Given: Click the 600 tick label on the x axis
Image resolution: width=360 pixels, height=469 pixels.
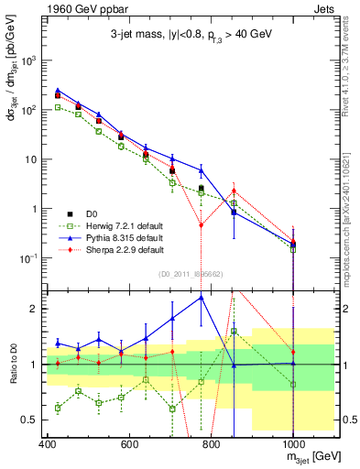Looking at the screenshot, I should pos(129,443).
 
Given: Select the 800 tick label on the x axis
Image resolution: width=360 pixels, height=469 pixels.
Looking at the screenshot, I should pos(211,443).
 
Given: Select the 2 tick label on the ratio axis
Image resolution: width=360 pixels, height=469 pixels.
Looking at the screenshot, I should pos(33,309).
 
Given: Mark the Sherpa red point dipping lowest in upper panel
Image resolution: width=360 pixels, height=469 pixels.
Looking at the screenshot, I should pos(202,224).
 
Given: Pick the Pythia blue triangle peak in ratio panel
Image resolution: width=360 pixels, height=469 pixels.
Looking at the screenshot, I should pos(202,297).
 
